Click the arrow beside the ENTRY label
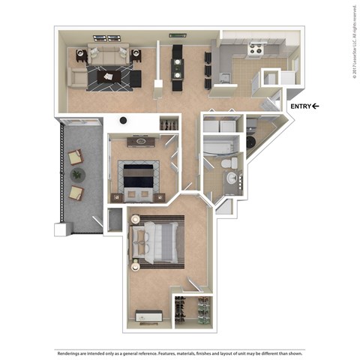315,106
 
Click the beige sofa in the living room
104,54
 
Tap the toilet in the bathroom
233,162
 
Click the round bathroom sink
232,178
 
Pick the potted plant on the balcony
77,174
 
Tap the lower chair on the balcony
76,193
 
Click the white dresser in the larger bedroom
145,316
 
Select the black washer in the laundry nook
251,140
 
